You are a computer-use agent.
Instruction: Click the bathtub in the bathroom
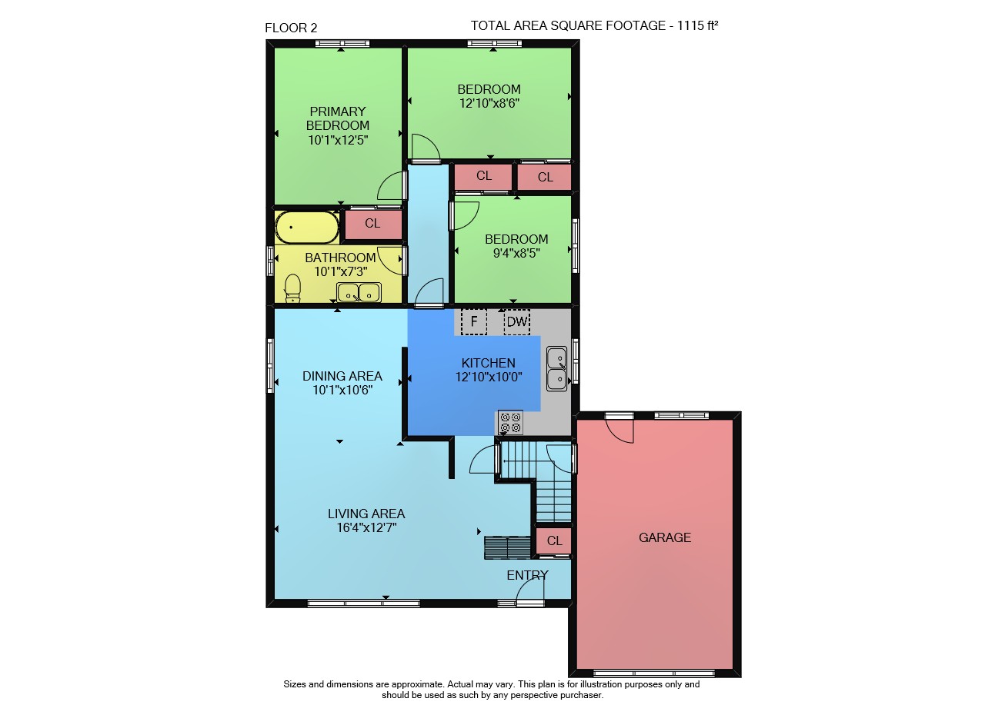(307, 227)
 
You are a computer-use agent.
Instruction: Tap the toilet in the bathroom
(292, 288)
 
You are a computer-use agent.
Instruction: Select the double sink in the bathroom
(359, 293)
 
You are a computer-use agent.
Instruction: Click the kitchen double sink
(556, 369)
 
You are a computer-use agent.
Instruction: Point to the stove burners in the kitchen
(510, 422)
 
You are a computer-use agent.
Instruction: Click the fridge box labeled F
(473, 321)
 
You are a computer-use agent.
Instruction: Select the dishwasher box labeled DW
(516, 321)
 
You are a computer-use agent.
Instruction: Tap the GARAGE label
(664, 537)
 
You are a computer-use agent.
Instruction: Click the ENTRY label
(527, 575)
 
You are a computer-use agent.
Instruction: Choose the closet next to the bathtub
(373, 224)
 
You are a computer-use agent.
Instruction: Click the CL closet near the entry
(554, 540)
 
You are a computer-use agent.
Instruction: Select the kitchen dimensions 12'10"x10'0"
(489, 377)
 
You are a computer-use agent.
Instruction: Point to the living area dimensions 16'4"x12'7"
(367, 527)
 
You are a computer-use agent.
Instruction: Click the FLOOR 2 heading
(291, 28)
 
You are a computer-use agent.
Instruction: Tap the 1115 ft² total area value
(697, 25)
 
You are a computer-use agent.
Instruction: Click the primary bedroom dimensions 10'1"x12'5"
(338, 140)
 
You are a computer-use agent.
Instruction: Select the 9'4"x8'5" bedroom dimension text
(516, 253)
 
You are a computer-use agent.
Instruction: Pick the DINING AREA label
(342, 376)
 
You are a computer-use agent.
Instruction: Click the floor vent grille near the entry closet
(507, 547)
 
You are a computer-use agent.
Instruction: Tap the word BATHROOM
(340, 258)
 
